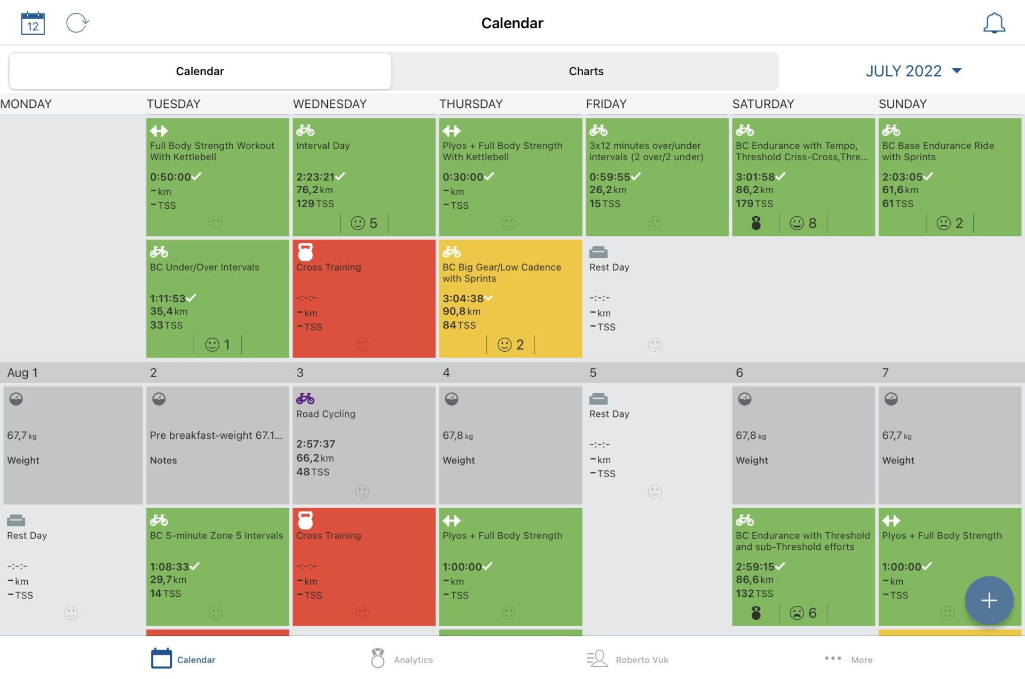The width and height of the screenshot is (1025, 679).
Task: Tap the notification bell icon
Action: coord(994,23)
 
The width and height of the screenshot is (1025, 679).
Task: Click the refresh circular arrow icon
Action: coord(77,23)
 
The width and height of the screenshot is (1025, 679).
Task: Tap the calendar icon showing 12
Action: coord(33,23)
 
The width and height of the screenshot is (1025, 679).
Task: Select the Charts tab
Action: coord(586,71)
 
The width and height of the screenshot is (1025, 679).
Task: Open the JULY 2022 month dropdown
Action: coord(913,71)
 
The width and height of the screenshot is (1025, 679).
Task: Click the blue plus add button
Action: coord(988,600)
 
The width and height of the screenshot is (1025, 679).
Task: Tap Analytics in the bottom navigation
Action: coord(402,659)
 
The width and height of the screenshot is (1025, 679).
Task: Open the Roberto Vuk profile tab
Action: coord(628,659)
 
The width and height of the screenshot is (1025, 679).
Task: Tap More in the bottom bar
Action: coord(849,659)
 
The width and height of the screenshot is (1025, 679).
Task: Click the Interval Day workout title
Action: coord(322,146)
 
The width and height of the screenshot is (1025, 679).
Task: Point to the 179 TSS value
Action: coord(754,203)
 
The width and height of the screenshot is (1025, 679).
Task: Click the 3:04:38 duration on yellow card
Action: coord(463,298)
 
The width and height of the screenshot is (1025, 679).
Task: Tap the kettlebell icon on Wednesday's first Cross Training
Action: coord(305,251)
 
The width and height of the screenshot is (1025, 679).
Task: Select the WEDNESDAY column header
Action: coord(329,104)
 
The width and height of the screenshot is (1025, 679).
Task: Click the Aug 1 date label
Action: coord(22,373)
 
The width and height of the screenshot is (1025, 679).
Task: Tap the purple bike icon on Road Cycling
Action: coord(305,398)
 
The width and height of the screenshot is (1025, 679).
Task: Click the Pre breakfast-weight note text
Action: coord(216,436)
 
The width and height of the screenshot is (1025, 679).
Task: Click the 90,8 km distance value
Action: coord(461,311)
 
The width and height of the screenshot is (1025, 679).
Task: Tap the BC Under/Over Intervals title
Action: coord(204,267)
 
